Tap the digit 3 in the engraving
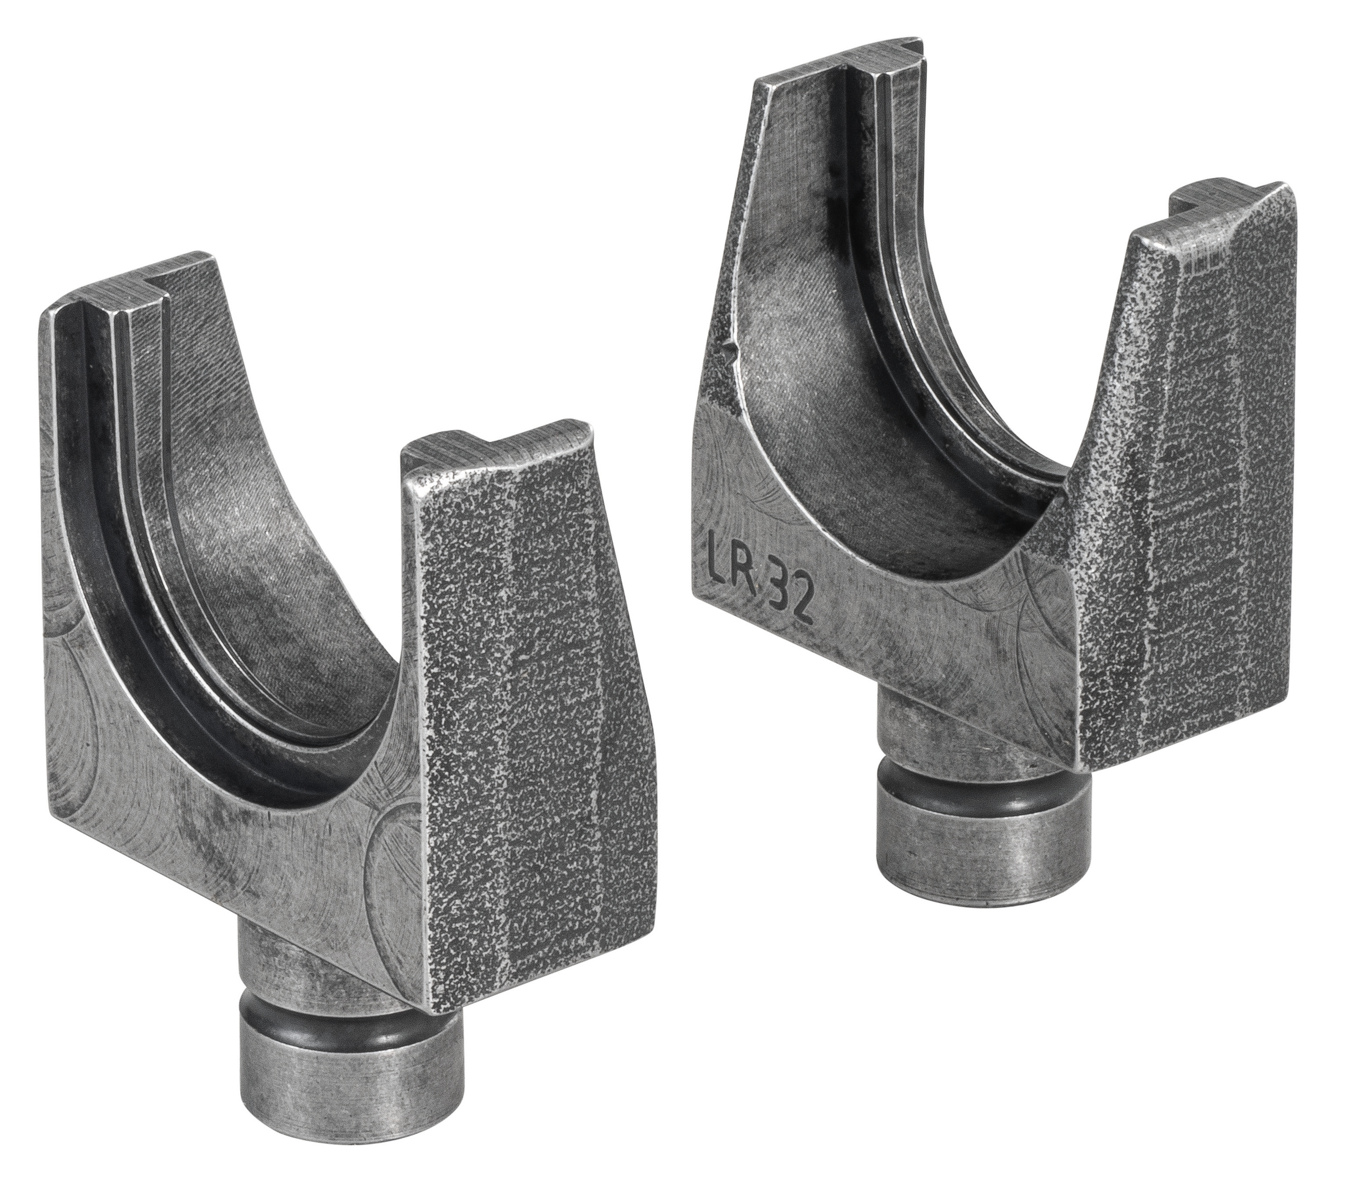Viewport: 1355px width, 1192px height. coord(778,591)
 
